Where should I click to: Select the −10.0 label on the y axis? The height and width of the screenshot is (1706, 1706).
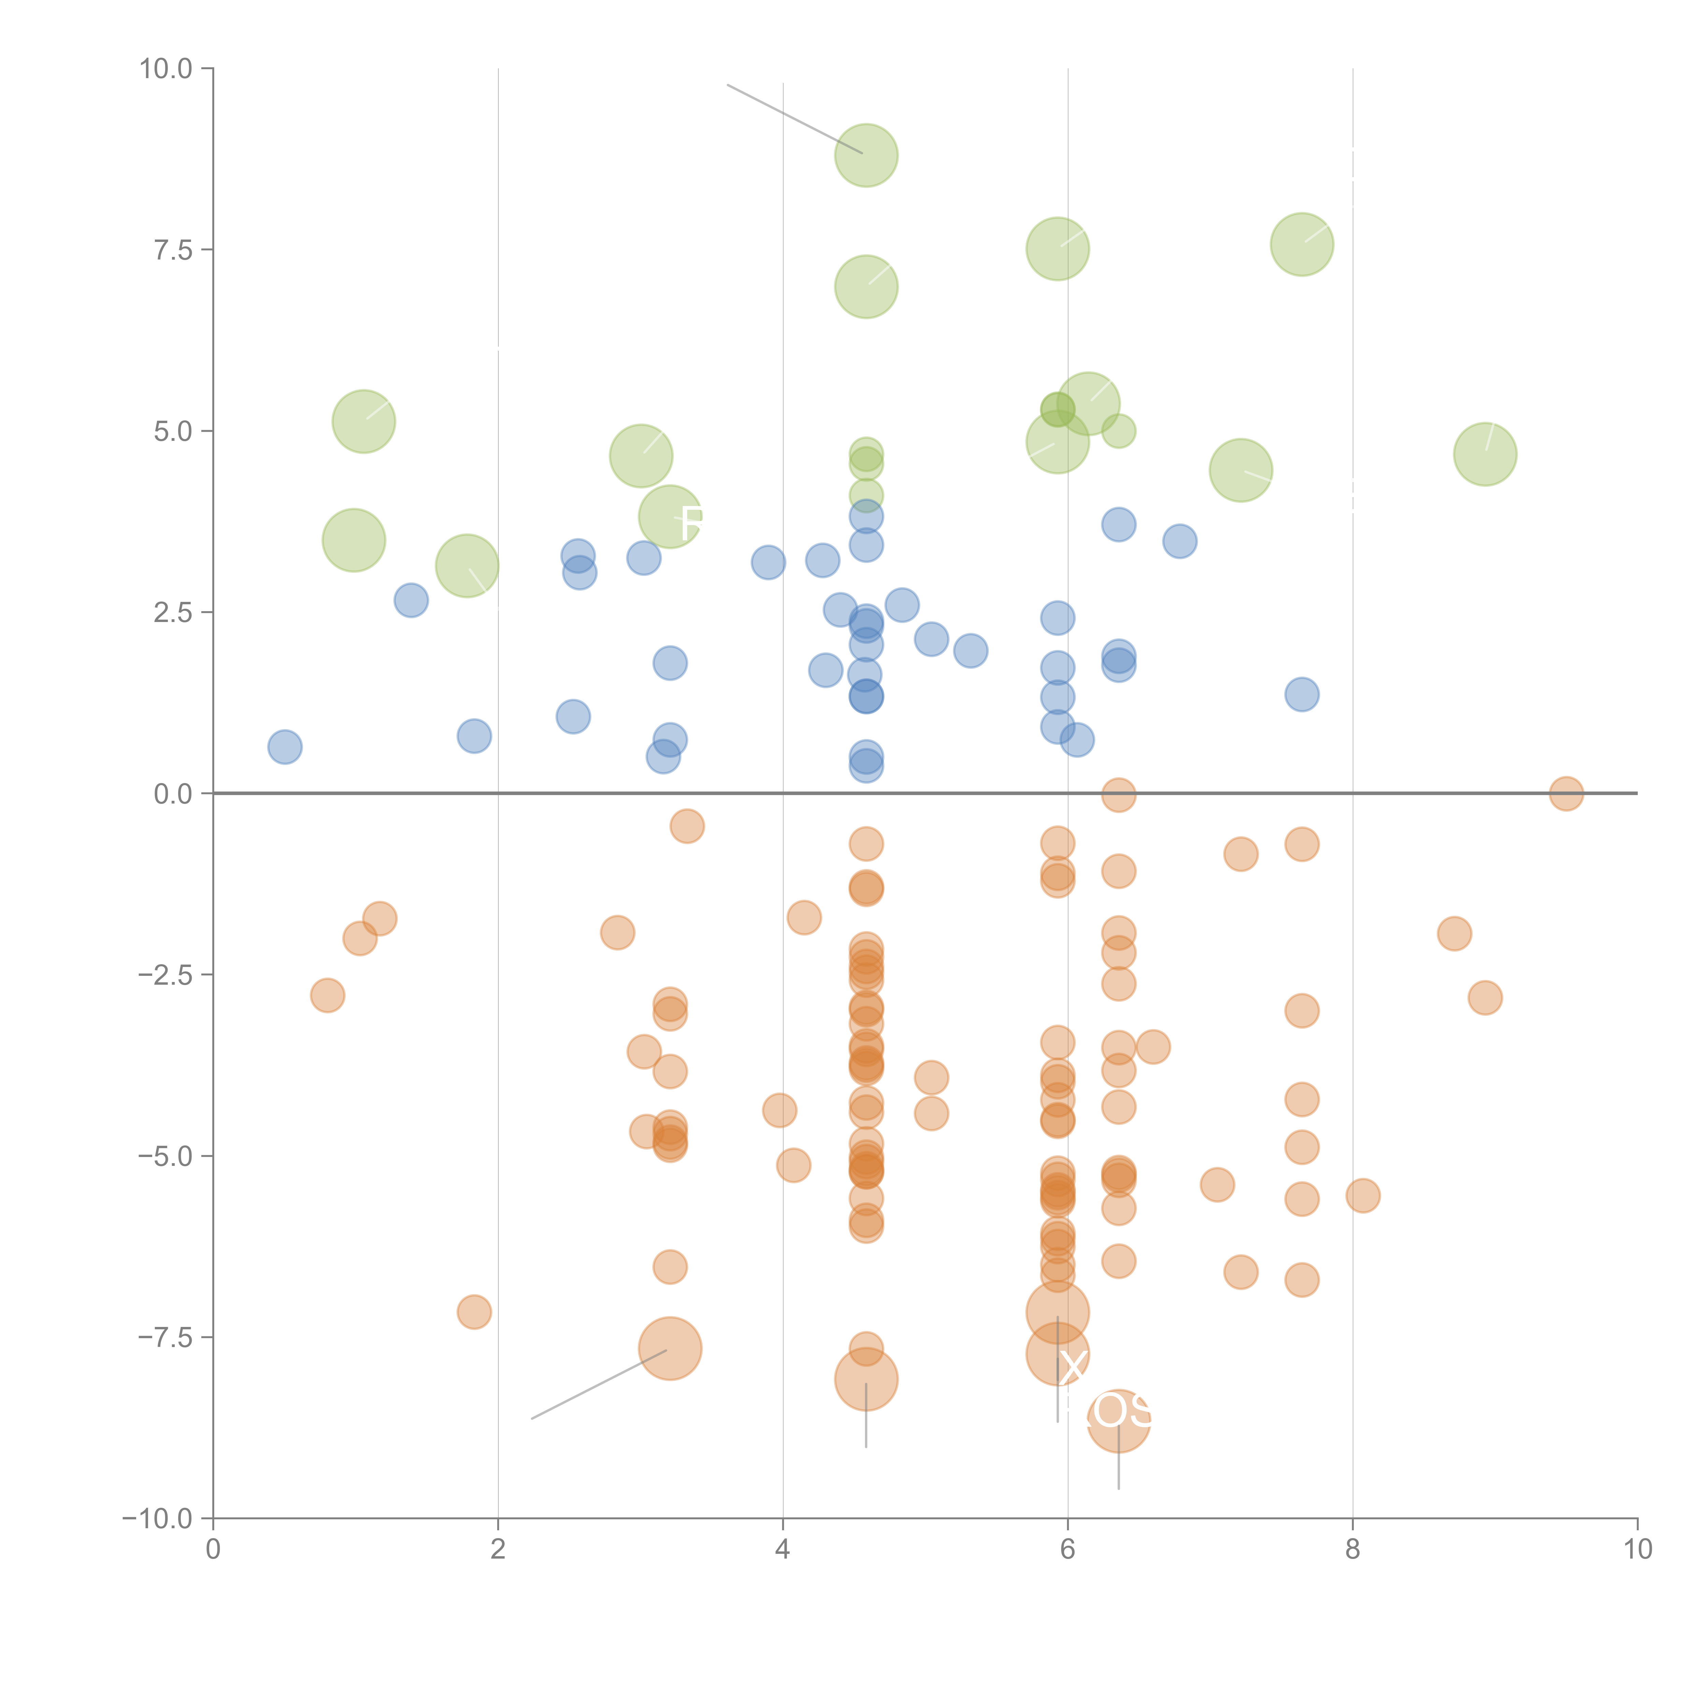[157, 1519]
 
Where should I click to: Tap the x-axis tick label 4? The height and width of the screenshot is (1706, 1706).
[782, 1550]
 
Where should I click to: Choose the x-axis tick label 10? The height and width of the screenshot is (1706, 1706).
[1637, 1550]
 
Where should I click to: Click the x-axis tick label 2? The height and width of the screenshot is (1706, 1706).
[498, 1550]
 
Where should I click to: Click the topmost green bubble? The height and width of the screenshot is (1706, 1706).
[866, 155]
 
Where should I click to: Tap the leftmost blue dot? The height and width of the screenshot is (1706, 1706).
[284, 747]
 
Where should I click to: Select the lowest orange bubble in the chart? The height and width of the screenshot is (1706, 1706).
[1119, 1421]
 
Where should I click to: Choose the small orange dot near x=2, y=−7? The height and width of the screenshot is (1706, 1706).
[474, 1312]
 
